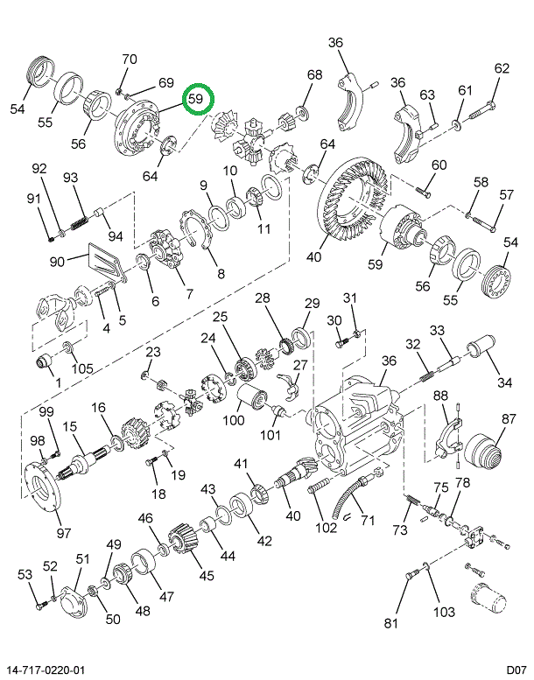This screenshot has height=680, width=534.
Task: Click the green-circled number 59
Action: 195,100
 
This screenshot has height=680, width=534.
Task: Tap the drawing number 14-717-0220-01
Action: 46,669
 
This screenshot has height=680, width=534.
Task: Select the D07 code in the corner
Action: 515,669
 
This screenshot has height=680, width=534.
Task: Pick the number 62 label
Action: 501,68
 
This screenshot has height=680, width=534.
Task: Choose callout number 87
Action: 509,419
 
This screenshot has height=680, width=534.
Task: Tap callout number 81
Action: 390,623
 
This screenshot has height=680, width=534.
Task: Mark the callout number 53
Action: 25,574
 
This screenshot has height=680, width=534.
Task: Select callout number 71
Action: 368,521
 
